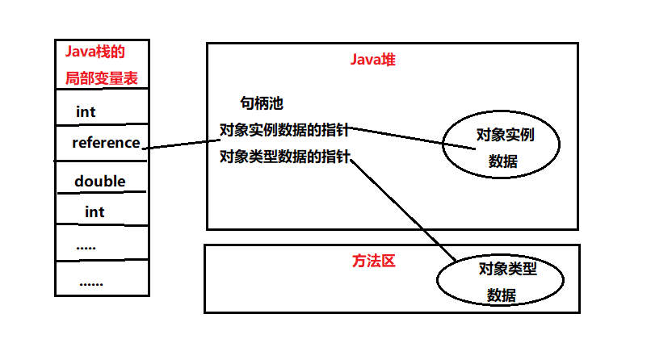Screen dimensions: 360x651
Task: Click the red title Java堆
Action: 372,60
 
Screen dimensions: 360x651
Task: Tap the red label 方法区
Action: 372,262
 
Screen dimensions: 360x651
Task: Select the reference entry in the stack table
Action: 105,143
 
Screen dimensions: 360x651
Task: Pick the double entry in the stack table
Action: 99,181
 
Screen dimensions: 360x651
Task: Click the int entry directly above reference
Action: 86,111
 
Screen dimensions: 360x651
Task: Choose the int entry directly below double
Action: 94,211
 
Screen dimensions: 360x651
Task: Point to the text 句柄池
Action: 262,103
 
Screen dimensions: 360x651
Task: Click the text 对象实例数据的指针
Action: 285,129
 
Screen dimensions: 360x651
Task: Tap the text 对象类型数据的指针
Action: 285,156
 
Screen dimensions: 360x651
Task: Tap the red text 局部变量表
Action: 102,79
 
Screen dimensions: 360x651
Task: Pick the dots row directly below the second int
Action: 86,246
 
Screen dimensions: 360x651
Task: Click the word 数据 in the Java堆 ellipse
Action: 502,161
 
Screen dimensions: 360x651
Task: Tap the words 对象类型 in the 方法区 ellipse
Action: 507,268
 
